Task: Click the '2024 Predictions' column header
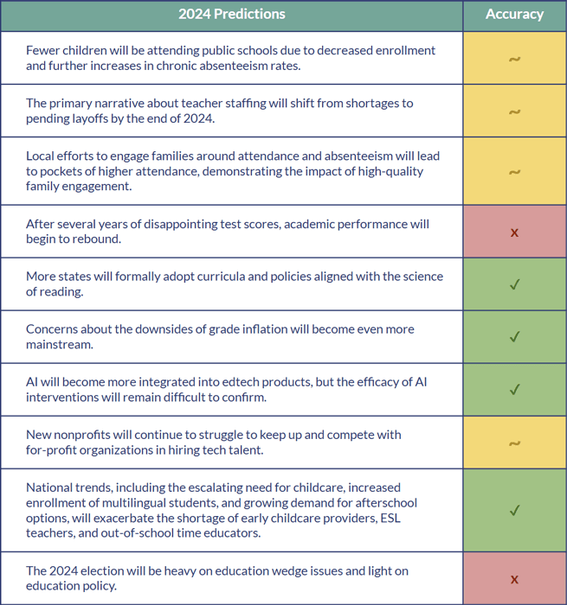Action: click(x=231, y=14)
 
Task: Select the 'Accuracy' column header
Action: click(x=514, y=14)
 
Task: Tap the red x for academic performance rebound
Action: click(x=514, y=232)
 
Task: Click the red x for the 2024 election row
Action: click(x=514, y=579)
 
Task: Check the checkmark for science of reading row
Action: click(x=514, y=284)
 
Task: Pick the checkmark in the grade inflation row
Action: click(x=514, y=337)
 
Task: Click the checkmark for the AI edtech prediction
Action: click(x=514, y=390)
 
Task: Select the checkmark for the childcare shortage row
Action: click(x=514, y=510)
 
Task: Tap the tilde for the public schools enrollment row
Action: click(x=514, y=59)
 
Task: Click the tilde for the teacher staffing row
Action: click(x=514, y=111)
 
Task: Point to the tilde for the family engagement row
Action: click(x=514, y=172)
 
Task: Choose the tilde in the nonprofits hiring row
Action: click(x=514, y=443)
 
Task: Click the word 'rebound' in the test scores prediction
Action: click(x=91, y=239)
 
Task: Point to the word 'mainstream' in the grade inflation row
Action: click(x=60, y=344)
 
